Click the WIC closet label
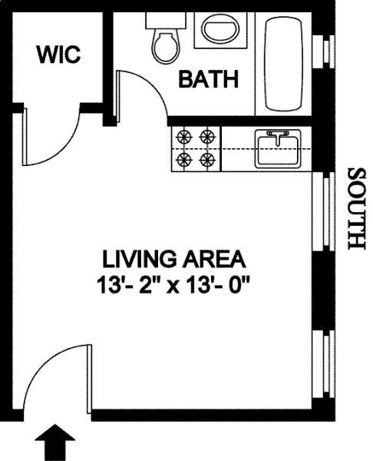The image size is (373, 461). [59, 55]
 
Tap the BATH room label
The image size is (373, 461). [209, 79]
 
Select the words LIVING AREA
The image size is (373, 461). [174, 259]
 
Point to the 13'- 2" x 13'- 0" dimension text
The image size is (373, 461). [173, 285]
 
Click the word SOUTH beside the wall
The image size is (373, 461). [357, 209]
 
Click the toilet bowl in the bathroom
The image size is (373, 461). [167, 47]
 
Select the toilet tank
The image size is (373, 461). [166, 21]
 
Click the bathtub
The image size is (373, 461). [283, 64]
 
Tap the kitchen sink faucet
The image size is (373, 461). [277, 138]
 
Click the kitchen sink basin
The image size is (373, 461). [278, 148]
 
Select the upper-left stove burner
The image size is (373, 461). [184, 137]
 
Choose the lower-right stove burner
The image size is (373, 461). [208, 160]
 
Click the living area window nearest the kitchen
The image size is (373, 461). [324, 211]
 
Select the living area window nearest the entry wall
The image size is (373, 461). [324, 364]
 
